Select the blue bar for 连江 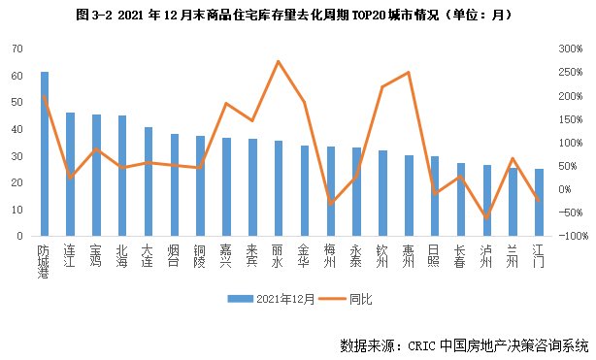[x=70, y=175]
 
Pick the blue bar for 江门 [x=539, y=202]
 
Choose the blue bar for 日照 [x=435, y=195]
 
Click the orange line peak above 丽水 [x=279, y=61]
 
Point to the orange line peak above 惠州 [x=409, y=73]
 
